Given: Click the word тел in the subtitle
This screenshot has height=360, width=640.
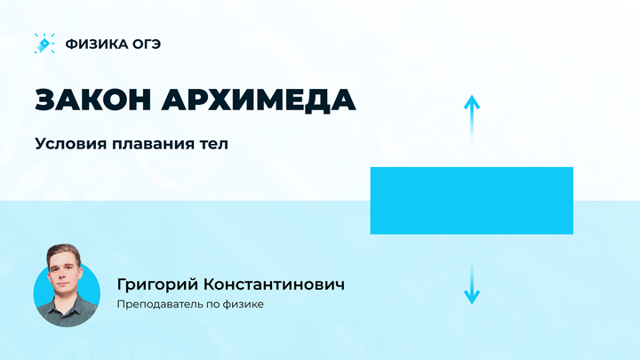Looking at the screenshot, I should click(x=214, y=143).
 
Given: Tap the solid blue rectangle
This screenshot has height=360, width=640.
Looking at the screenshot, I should click(x=471, y=200).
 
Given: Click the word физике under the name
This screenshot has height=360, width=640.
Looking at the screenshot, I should click(x=244, y=304).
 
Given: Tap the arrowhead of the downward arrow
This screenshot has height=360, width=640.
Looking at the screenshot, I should click(x=471, y=299).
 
